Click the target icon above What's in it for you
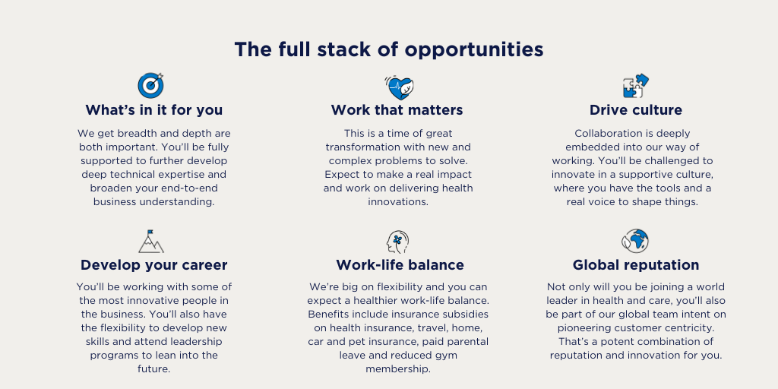pyautogui.click(x=150, y=85)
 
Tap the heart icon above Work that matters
pyautogui.click(x=399, y=88)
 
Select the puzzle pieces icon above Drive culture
pyautogui.click(x=636, y=86)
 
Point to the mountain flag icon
pyautogui.click(x=151, y=242)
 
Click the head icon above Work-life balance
pyautogui.click(x=397, y=242)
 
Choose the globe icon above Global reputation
pyautogui.click(x=635, y=241)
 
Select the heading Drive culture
pyautogui.click(x=636, y=109)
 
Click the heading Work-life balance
pyautogui.click(x=400, y=265)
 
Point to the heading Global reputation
pyautogui.click(x=636, y=265)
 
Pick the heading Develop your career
pyautogui.click(x=153, y=265)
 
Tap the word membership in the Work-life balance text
pyautogui.click(x=398, y=369)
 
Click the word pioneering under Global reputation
pyautogui.click(x=582, y=328)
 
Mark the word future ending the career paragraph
pyautogui.click(x=153, y=369)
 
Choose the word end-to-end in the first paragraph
pyautogui.click(x=189, y=188)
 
